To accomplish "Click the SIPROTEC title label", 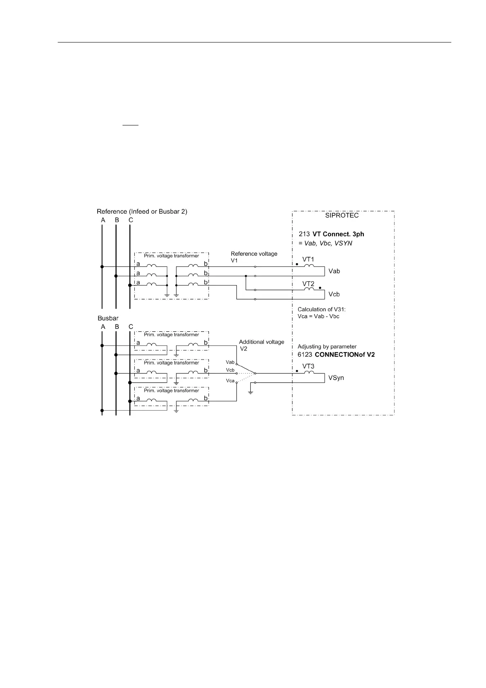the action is pos(342,216).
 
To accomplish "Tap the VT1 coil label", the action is pos(308,259).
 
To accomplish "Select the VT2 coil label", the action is pos(308,284).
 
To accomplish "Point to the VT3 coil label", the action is pos(308,366).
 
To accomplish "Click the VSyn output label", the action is pos(336,378).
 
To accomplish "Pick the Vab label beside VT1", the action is pos(334,271).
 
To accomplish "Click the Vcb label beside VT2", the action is pos(334,294).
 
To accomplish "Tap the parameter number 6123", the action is pos(304,355).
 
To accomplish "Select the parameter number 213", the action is pos(304,234).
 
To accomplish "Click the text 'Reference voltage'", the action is pos(254,254).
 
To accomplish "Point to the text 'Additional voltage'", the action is pos(261,342).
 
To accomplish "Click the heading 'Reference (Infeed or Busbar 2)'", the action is pos(142,212).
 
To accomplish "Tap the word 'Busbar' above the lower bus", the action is pos(108,318).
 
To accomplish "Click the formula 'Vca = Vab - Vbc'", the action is pos(318,316).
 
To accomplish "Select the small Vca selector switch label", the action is pos(230,381).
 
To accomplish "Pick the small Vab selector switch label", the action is pos(230,362).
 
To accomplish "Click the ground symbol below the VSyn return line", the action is pos(251,392).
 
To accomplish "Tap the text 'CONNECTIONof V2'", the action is pos(345,355).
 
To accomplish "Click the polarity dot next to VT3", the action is pos(297,371).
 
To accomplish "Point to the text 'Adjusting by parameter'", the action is pos(327,347).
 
